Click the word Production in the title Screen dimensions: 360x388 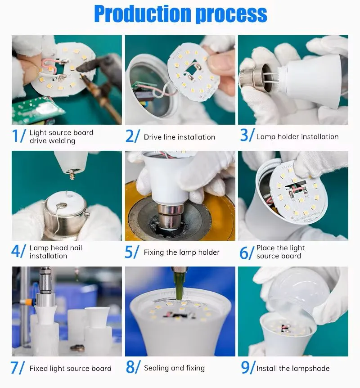coord(143,14)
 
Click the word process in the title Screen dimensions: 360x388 coord(232,15)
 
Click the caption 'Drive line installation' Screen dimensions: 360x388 coord(180,137)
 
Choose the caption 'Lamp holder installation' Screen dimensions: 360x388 coord(297,136)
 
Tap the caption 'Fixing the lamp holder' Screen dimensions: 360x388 coord(182,253)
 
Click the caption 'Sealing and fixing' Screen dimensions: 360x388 coord(175,368)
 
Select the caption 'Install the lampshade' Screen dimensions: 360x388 coord(293,369)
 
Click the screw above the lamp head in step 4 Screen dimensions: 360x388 coord(72,173)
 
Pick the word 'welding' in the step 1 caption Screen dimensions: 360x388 coord(64,141)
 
